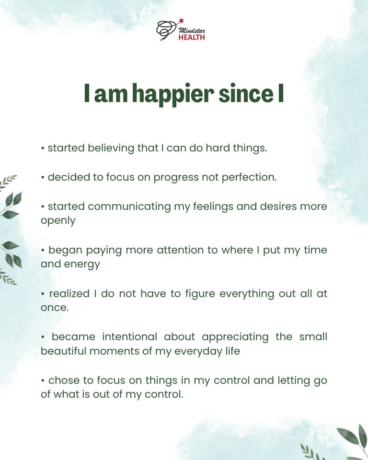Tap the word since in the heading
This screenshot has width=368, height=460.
click(x=245, y=94)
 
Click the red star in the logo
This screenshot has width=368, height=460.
click(x=181, y=21)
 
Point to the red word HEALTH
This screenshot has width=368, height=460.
click(x=192, y=37)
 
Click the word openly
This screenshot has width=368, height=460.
click(x=58, y=220)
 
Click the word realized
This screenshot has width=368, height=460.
click(x=69, y=293)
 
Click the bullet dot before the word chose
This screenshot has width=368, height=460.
click(x=43, y=381)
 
